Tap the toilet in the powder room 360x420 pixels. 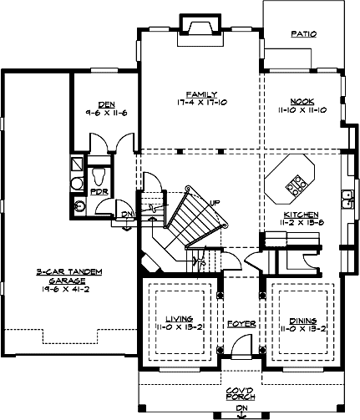(99, 175)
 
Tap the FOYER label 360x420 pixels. (241, 322)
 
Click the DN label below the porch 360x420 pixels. (241, 408)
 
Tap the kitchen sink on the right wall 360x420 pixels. (345, 199)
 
